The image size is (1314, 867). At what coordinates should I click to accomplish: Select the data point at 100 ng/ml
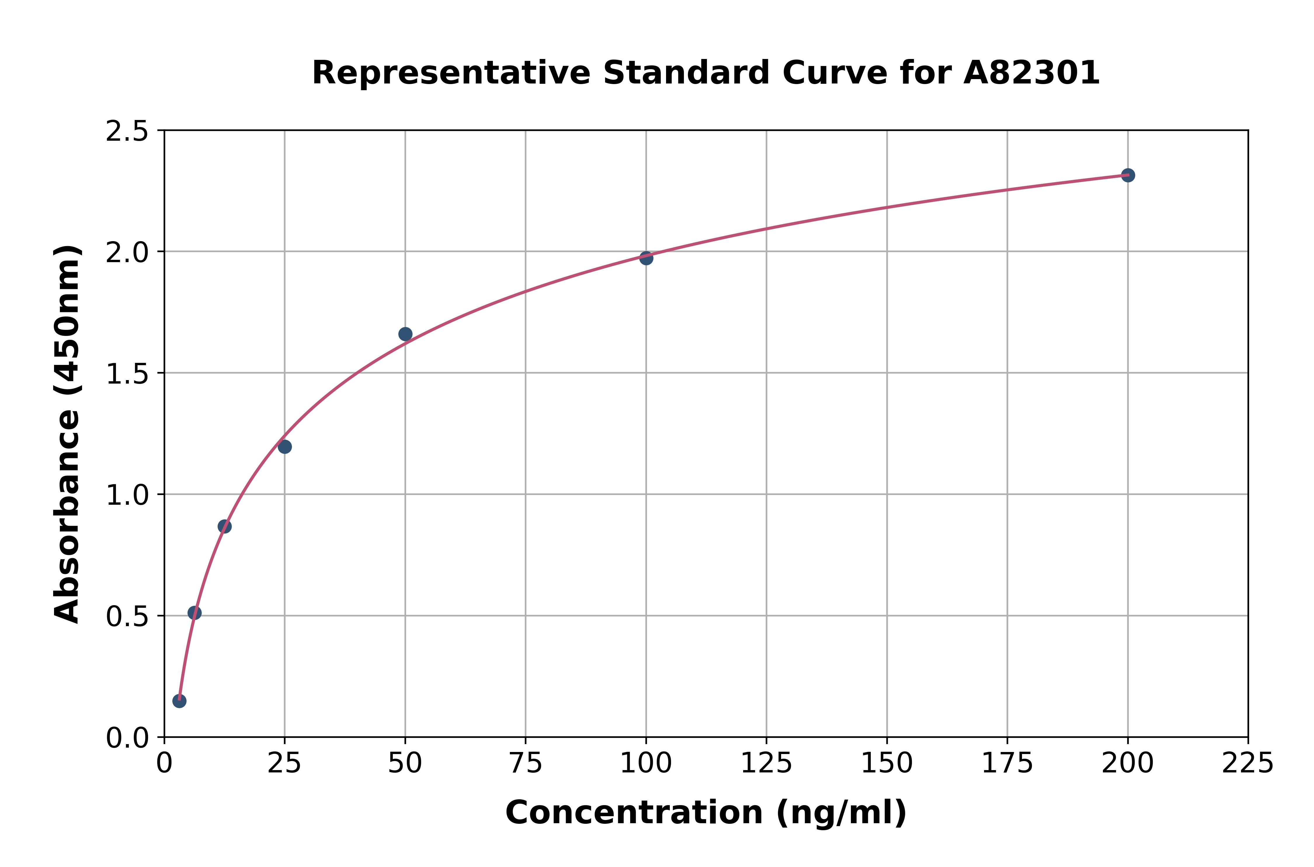click(646, 258)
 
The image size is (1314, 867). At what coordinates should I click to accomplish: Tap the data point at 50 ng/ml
click(405, 334)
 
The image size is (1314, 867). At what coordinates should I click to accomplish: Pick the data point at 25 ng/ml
click(285, 447)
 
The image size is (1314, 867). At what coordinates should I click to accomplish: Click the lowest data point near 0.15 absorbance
click(179, 701)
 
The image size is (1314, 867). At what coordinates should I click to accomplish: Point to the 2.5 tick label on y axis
click(127, 132)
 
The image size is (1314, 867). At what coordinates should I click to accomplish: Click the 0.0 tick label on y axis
click(127, 738)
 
